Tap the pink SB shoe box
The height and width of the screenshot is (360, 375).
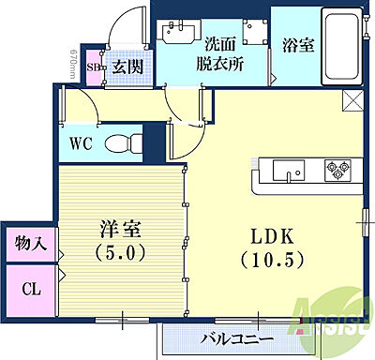point(95,67)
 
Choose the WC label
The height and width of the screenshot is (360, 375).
point(80,145)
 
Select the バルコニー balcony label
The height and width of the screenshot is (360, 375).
point(237,338)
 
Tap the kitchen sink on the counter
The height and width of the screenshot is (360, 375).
point(286,170)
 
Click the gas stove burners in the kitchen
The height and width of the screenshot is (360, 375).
point(335,170)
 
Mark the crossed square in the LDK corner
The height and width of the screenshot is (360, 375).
point(352,101)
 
